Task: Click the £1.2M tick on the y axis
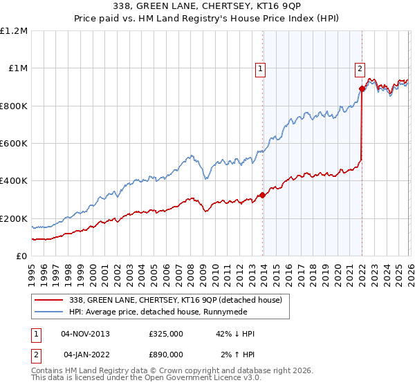point(15,31)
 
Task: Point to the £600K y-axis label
point(15,144)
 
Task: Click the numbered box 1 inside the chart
point(260,68)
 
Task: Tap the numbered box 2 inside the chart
point(360,68)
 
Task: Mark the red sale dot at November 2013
point(263,195)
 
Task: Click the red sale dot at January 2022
point(362,89)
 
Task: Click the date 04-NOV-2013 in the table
point(85,334)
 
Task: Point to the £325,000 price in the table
point(166,334)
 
